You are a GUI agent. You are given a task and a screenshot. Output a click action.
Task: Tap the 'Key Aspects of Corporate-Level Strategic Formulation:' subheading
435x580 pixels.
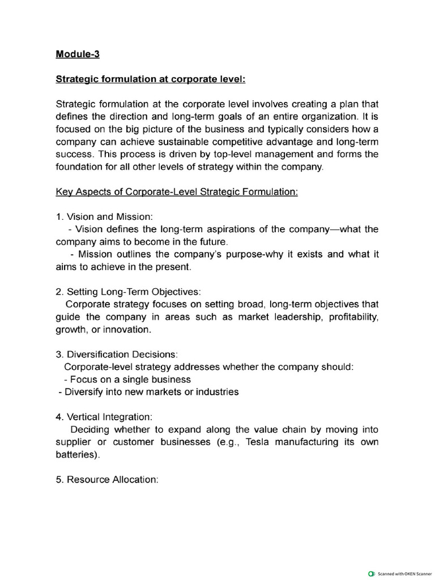(177, 192)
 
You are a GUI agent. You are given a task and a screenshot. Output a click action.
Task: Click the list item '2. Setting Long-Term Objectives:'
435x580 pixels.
(128, 292)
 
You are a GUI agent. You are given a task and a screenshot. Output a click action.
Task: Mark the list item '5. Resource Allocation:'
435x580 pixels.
(107, 479)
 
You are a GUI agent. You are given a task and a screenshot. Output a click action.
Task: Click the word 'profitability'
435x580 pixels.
(349, 317)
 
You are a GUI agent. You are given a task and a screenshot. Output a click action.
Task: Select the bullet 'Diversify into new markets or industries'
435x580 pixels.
(149, 391)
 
